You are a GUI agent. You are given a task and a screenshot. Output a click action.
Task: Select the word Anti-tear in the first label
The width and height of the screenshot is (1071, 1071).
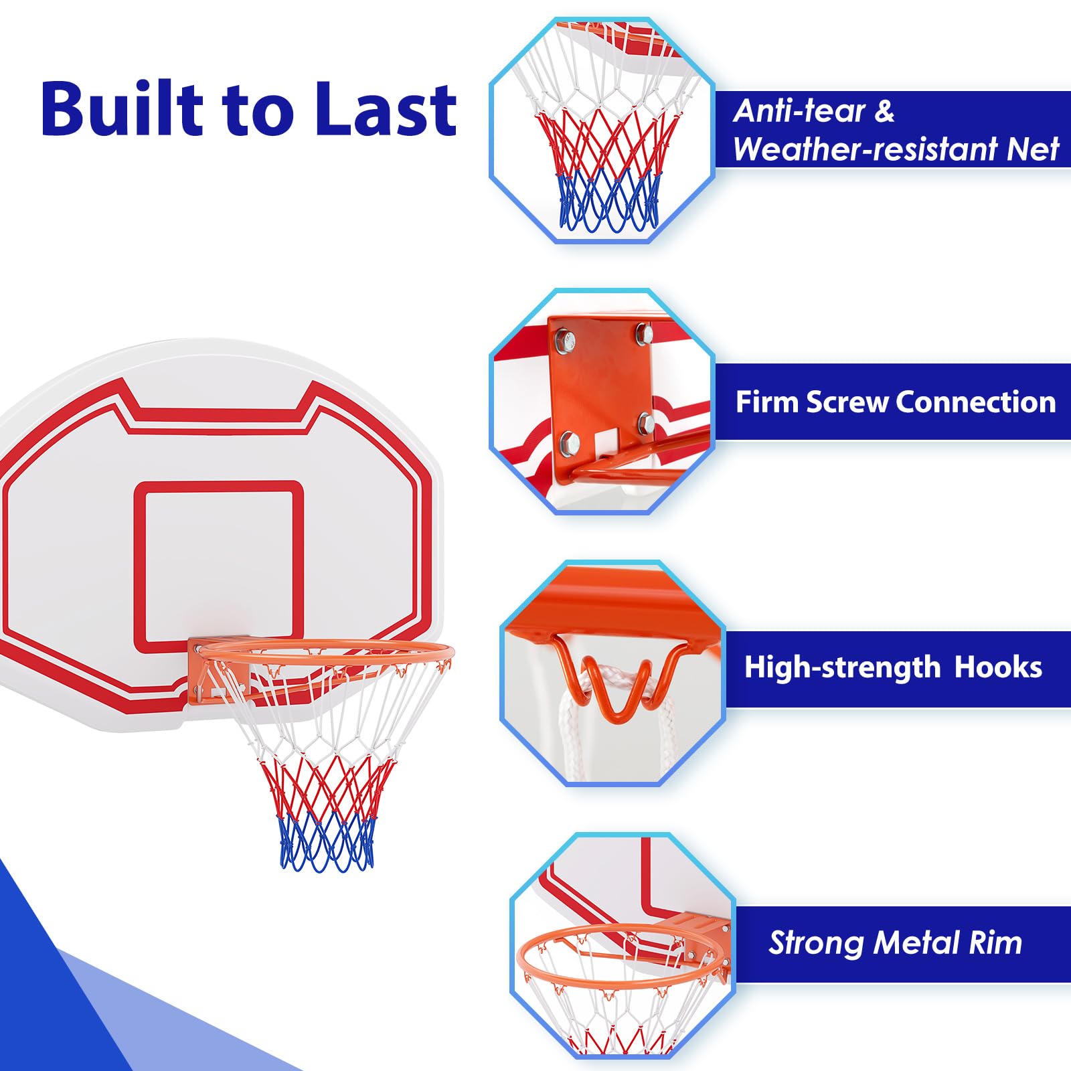[799, 111]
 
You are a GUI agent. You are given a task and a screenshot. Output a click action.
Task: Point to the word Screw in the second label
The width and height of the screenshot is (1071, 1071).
[848, 402]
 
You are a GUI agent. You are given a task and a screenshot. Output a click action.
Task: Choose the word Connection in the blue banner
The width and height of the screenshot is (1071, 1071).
[976, 402]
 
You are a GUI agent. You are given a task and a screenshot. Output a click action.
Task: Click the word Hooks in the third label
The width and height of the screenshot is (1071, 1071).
[998, 667]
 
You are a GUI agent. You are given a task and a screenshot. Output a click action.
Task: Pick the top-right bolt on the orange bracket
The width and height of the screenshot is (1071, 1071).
[643, 333]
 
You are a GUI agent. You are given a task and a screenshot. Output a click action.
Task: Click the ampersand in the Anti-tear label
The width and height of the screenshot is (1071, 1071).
[884, 111]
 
